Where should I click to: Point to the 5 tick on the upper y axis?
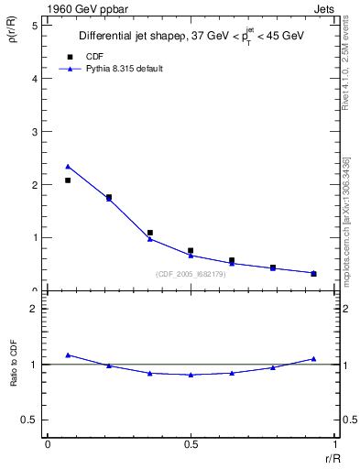(x=34, y=26)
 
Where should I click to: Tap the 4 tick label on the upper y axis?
(x=34, y=79)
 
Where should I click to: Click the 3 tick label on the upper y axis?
(x=34, y=132)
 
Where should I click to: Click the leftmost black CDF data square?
(x=68, y=180)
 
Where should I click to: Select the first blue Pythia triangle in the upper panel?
(x=68, y=167)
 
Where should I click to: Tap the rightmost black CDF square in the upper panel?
(x=313, y=273)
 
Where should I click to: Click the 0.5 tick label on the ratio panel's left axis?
(x=28, y=420)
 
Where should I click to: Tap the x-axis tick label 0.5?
(x=190, y=444)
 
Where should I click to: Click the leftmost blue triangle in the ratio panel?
(x=68, y=354)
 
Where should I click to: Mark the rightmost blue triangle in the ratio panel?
(x=313, y=359)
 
